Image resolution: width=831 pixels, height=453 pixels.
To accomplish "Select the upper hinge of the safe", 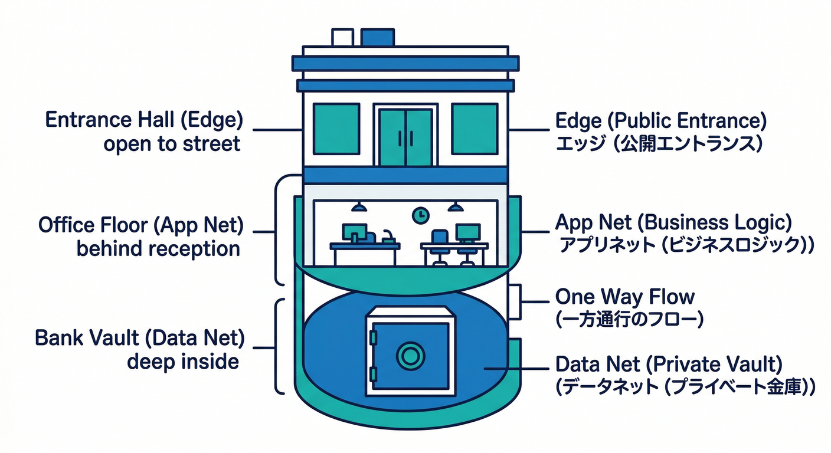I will (373, 337).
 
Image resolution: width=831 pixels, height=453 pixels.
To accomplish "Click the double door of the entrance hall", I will (406, 137).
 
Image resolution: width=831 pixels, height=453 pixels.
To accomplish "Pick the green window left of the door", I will (336, 129).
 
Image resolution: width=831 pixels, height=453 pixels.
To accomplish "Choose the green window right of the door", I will (475, 129).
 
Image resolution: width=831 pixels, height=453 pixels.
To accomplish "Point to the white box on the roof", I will (342, 37).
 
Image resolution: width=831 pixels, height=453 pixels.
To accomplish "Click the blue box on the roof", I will (377, 37).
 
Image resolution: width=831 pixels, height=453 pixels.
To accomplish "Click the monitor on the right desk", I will (467, 232).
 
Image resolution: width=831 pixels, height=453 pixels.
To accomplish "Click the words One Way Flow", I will (625, 296).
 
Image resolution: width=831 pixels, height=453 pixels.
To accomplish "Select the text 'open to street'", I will (172, 143).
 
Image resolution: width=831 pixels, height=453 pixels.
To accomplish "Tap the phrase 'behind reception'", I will (158, 248).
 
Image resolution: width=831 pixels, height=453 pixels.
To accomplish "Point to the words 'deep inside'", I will (183, 361).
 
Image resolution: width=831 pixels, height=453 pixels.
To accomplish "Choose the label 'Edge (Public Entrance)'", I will (661, 121).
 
